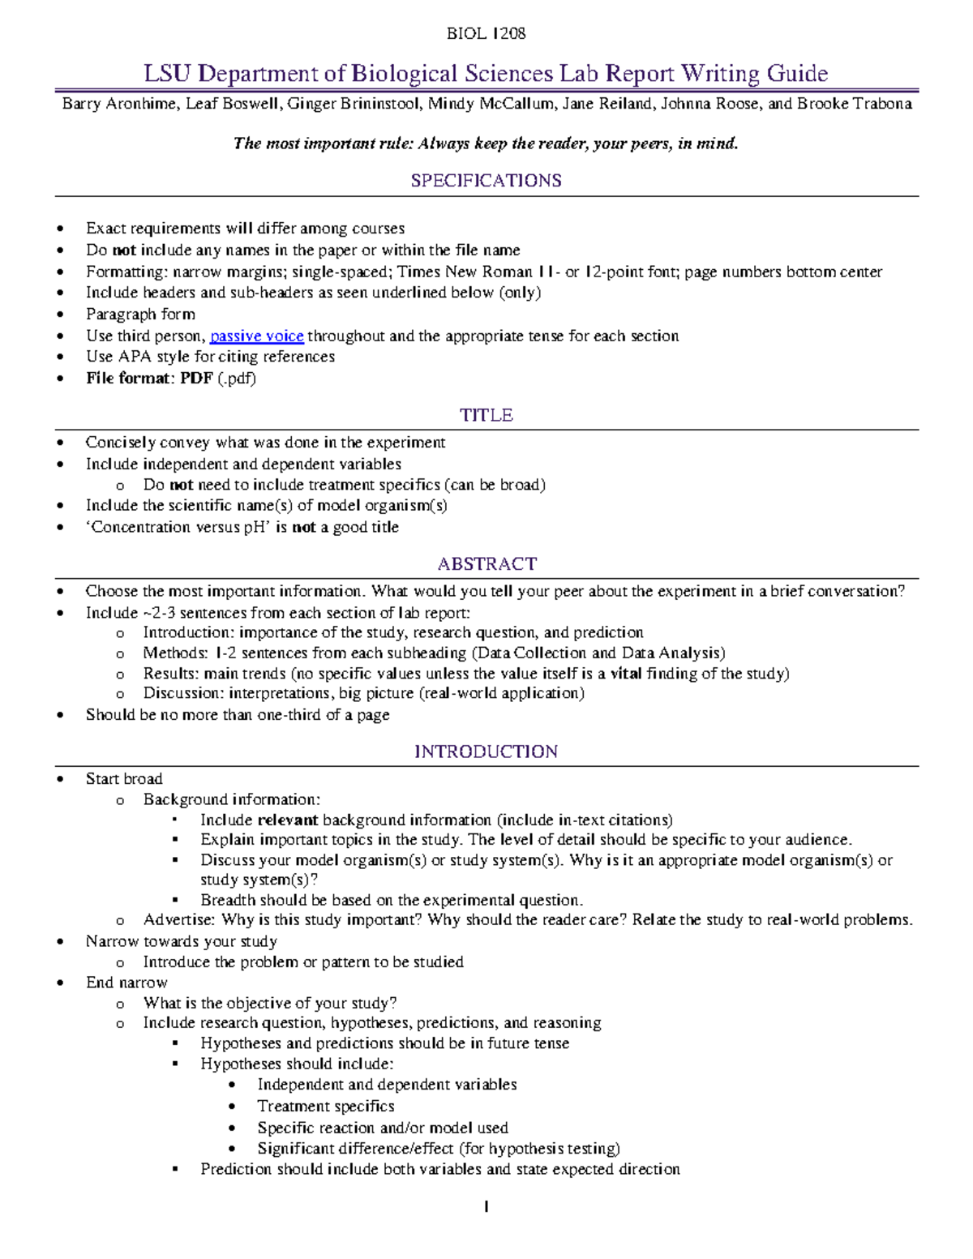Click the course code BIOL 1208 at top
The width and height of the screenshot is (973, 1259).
tap(486, 33)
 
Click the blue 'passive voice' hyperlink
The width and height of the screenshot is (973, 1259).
tap(256, 336)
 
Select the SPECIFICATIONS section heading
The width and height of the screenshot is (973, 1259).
tap(486, 181)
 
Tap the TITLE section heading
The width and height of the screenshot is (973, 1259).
tap(486, 415)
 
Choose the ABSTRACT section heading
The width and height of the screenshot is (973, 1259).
tap(486, 563)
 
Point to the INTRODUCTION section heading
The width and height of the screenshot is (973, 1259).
tap(486, 752)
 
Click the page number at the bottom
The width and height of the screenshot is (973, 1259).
tap(486, 1207)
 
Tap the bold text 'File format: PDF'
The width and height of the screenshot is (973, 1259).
tap(149, 378)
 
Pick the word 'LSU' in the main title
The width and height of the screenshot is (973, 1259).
tap(167, 74)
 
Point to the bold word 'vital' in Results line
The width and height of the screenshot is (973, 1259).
tap(626, 673)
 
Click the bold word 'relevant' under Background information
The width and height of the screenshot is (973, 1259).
tap(287, 820)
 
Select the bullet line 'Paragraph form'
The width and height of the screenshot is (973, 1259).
tap(140, 314)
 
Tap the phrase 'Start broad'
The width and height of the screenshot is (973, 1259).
tap(124, 778)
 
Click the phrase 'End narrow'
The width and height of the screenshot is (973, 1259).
tap(126, 982)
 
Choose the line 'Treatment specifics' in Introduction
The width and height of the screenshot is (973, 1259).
tap(325, 1106)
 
